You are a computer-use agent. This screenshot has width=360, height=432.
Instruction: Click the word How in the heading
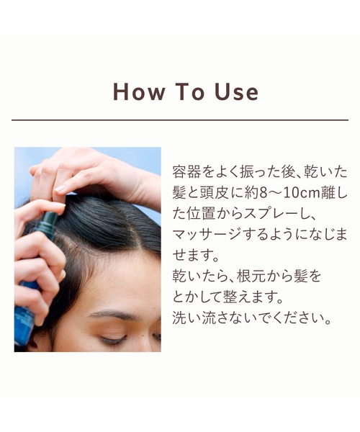click(138, 92)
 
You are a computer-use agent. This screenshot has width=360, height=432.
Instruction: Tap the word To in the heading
click(187, 92)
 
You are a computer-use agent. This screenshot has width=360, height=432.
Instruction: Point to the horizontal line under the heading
click(180, 120)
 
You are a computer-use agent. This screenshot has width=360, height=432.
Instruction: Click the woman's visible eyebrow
click(115, 314)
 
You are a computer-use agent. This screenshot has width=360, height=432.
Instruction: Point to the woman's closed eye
click(115, 338)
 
